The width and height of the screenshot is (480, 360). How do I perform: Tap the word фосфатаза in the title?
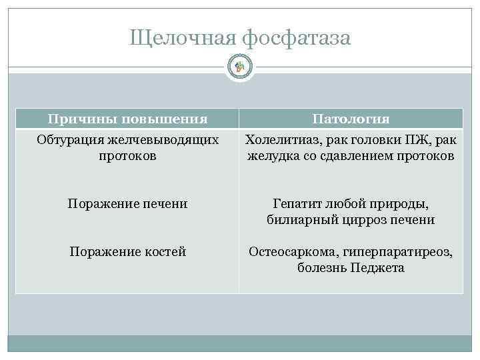[x=295, y=39]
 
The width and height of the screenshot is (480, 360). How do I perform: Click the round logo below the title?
[x=240, y=66]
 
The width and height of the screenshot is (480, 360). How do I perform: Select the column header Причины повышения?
[x=127, y=119]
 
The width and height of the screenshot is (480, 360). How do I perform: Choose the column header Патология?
[x=351, y=119]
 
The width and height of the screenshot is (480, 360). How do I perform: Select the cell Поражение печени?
[x=127, y=204]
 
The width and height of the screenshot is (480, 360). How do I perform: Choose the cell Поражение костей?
[x=127, y=252]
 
